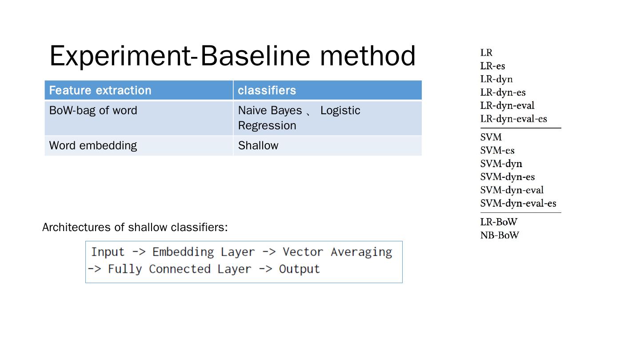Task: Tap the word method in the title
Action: [x=368, y=56]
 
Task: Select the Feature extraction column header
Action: [x=100, y=90]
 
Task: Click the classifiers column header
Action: [x=267, y=90]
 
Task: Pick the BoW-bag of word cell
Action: [x=93, y=111]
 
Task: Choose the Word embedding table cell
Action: [x=93, y=146]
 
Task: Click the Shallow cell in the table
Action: [x=258, y=146]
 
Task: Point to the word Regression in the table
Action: [x=267, y=126]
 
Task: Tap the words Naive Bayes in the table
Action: [x=270, y=111]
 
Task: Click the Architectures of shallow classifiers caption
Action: [x=135, y=228]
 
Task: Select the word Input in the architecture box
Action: [x=108, y=252]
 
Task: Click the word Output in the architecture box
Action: [x=299, y=269]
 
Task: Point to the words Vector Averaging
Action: [x=337, y=252]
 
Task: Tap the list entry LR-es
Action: [x=492, y=66]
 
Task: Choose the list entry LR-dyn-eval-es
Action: [x=513, y=119]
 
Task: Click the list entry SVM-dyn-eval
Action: [x=512, y=190]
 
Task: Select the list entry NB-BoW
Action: [x=499, y=236]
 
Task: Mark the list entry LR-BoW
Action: [x=499, y=222]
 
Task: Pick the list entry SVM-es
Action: [x=497, y=151]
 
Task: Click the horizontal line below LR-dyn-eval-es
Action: [x=520, y=128]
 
